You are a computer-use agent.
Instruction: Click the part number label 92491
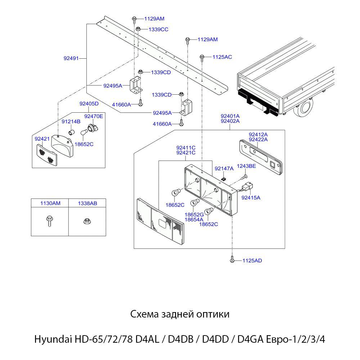pos(71,58)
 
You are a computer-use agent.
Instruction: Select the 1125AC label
pos(222,57)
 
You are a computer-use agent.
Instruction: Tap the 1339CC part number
pos(158,29)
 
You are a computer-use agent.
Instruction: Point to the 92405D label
pos(89,104)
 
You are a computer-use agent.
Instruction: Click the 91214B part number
pos(71,121)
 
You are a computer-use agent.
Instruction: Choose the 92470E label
pos(94,116)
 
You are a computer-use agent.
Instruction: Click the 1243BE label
pos(246,166)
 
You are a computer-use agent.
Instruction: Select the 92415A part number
pos(251,197)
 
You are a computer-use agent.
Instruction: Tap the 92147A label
pos(224,168)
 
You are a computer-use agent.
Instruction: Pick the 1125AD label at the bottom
pos(252,260)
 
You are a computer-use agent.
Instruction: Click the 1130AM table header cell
pos(50,203)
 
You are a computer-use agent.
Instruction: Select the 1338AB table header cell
pos(87,203)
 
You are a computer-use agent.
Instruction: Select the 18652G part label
pos(194,215)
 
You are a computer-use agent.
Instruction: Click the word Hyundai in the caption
pos(53,339)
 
